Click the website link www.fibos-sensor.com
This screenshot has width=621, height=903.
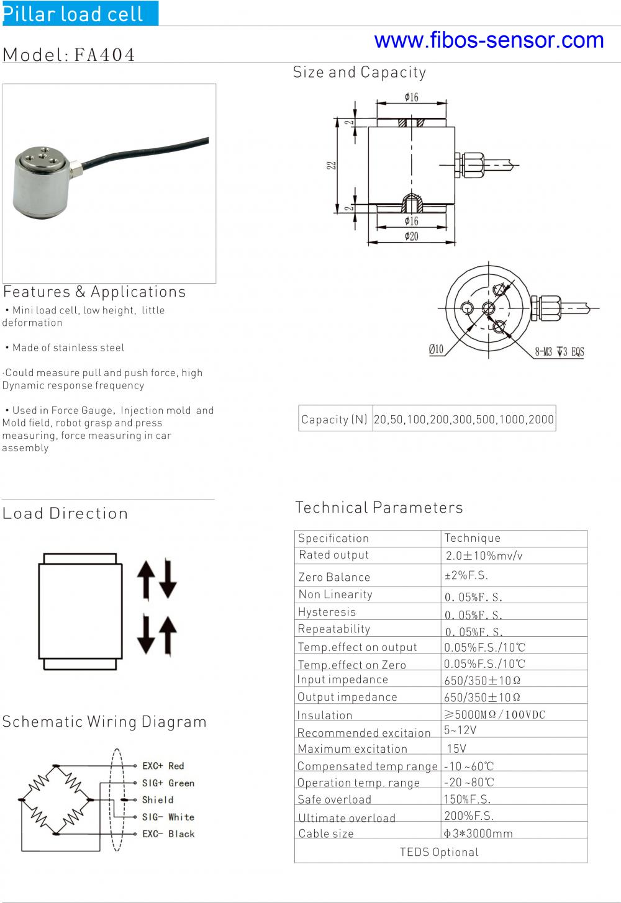click(489, 40)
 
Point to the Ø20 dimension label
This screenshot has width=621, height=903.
click(411, 236)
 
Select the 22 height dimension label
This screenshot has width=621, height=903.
click(332, 165)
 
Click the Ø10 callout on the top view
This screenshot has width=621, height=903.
click(436, 349)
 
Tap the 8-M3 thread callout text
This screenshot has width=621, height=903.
click(559, 352)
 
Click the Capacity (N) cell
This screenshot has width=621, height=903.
click(335, 420)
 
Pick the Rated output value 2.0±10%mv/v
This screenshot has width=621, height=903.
click(484, 555)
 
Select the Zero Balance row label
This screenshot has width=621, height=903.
click(334, 577)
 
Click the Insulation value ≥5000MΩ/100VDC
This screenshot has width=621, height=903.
click(494, 714)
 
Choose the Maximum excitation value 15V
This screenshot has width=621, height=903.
click(456, 748)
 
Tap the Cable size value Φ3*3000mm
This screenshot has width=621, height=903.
click(478, 833)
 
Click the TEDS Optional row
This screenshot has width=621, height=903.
click(439, 852)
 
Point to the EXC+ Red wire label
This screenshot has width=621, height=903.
click(163, 766)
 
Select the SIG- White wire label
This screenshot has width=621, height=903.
click(168, 817)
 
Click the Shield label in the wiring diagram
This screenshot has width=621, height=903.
click(158, 800)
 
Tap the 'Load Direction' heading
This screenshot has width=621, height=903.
click(65, 513)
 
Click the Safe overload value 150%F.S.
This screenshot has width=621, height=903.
click(467, 799)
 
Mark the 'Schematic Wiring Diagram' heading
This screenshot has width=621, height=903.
click(104, 722)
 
